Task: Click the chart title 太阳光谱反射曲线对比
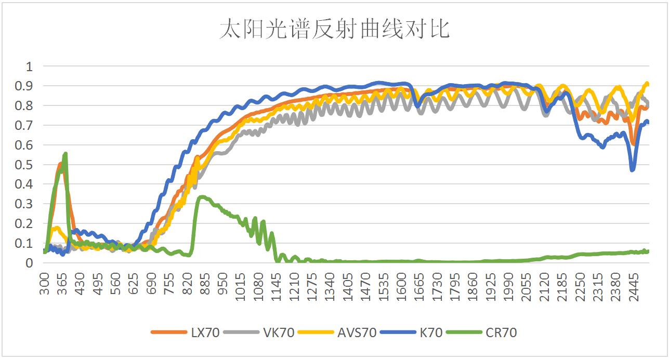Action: click(334, 30)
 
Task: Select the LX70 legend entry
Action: click(205, 332)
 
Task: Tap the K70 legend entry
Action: click(431, 332)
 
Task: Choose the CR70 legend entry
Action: click(502, 332)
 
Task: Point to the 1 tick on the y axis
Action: click(30, 66)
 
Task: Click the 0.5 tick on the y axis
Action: click(26, 165)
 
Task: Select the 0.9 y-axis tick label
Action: click(26, 86)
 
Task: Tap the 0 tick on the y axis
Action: click(30, 263)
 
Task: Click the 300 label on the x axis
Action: click(45, 283)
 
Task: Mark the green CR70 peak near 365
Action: click(65, 154)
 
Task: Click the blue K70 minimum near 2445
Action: click(632, 169)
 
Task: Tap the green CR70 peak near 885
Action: click(202, 197)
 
